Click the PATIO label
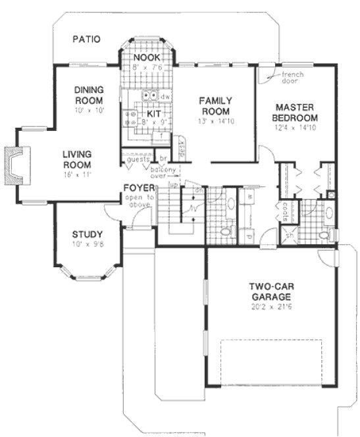[x=86, y=39]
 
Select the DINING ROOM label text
[x=88, y=95]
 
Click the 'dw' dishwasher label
[x=165, y=96]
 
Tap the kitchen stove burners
[x=130, y=117]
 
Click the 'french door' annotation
[x=289, y=78]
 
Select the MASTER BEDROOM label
[x=297, y=112]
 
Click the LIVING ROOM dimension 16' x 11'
[x=78, y=174]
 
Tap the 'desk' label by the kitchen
[x=181, y=149]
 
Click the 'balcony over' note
[x=169, y=172]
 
